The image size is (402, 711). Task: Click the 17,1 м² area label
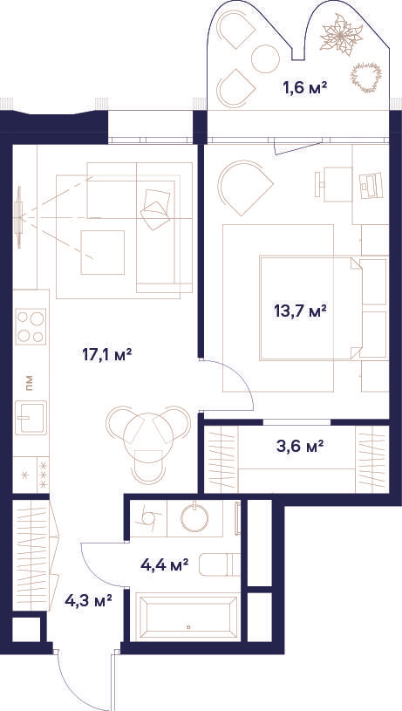pos(107,354)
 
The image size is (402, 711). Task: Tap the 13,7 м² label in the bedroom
pos(300,311)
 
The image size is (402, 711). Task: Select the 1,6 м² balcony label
pos(305,87)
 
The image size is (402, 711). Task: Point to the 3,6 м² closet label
pos(300,447)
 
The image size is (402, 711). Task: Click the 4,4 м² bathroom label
pos(165,565)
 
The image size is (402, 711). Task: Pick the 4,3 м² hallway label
pos(88,601)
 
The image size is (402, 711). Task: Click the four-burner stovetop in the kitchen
pos(31,326)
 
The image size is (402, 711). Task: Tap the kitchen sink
pos(31,418)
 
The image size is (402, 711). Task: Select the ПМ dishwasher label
pos(30,384)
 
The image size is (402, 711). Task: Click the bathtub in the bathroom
pos(188,618)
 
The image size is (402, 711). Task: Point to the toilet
pos(220,564)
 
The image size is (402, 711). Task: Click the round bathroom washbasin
pos(194,517)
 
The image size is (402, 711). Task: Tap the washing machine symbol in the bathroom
pos(147,517)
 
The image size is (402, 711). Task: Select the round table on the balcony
pos(265,58)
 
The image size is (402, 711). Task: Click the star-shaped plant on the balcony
pos(341,35)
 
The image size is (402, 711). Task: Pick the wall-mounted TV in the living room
pos(18,217)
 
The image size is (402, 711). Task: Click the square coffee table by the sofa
pos(102,252)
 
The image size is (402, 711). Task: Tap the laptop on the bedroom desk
pos(371,185)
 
